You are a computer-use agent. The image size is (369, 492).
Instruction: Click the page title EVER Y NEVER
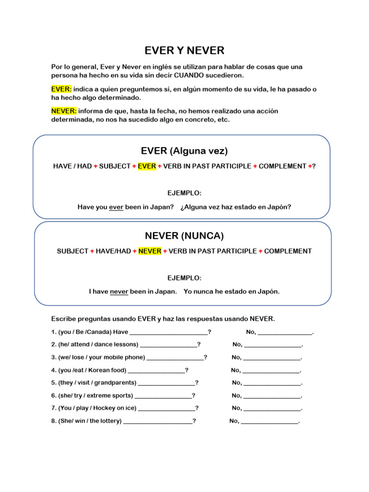click(184, 50)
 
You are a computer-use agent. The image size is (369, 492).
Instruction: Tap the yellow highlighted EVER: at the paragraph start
click(61, 89)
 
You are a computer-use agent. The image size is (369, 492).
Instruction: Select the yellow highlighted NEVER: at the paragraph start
click(64, 111)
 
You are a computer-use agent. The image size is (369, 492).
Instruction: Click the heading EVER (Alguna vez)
click(184, 151)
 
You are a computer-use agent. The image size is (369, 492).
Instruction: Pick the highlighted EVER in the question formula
click(147, 166)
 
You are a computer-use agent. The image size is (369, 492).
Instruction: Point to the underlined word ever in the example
click(116, 207)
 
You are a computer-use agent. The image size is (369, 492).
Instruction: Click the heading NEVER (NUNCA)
click(184, 236)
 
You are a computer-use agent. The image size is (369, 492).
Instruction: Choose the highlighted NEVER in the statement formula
click(150, 251)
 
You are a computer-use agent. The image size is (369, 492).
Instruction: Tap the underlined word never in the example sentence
click(119, 291)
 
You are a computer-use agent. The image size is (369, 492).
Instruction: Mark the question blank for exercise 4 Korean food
click(157, 371)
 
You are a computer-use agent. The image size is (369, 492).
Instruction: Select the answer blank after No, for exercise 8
click(270, 422)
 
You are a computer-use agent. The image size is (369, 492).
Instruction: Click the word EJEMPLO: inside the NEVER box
click(184, 278)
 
